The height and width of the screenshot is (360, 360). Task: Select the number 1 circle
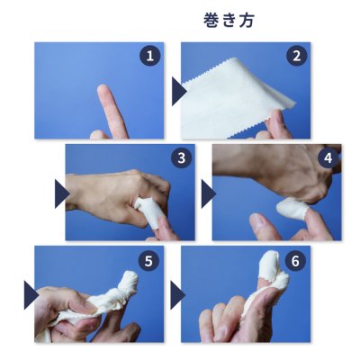pos(149,57)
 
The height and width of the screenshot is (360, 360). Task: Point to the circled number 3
pos(181,158)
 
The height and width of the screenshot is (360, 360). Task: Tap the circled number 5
pos(148,260)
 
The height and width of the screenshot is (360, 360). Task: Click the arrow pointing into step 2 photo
pos(179,90)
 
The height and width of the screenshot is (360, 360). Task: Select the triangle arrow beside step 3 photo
pos(60,193)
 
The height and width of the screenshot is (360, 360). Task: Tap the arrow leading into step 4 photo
pos(207,193)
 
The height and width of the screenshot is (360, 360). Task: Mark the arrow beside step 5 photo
pos(30,294)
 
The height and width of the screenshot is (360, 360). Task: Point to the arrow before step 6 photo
pos(177,294)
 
